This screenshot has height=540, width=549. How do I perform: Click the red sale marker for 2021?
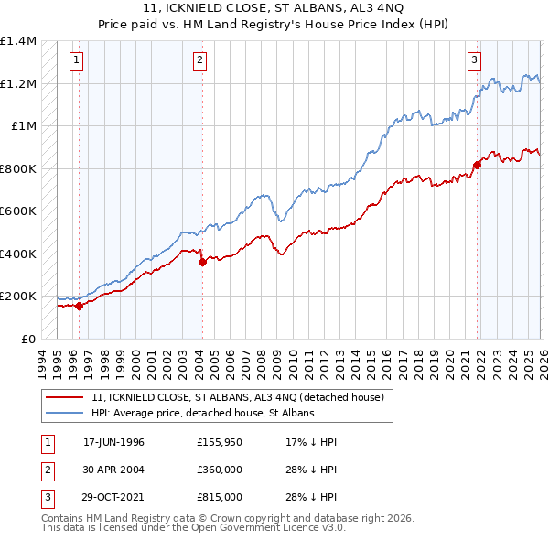coord(478,166)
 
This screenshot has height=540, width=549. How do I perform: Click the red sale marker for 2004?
coord(202,262)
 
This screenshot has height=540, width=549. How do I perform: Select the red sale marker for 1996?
coord(79,306)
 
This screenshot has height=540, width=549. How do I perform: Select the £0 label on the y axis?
coord(27,339)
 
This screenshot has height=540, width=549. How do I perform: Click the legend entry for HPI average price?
coord(202,413)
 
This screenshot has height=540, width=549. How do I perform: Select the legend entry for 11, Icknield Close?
coord(242,397)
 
